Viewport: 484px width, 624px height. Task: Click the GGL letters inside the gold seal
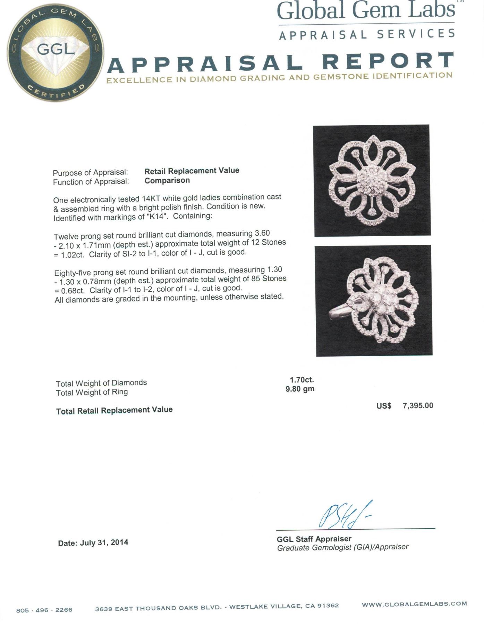pyautogui.click(x=56, y=50)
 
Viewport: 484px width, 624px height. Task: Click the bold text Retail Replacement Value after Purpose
pyautogui.click(x=192, y=171)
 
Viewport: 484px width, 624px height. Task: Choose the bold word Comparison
pyautogui.click(x=167, y=180)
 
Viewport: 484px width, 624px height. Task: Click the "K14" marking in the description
pyautogui.click(x=154, y=216)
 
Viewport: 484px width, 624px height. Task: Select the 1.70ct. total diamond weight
pyautogui.click(x=302, y=380)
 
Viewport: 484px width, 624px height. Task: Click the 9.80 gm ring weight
pyautogui.click(x=300, y=389)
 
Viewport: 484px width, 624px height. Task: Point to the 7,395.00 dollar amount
pyautogui.click(x=418, y=405)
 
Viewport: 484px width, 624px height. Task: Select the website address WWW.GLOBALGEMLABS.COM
pyautogui.click(x=414, y=604)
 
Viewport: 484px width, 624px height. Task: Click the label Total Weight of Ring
pyautogui.click(x=92, y=392)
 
